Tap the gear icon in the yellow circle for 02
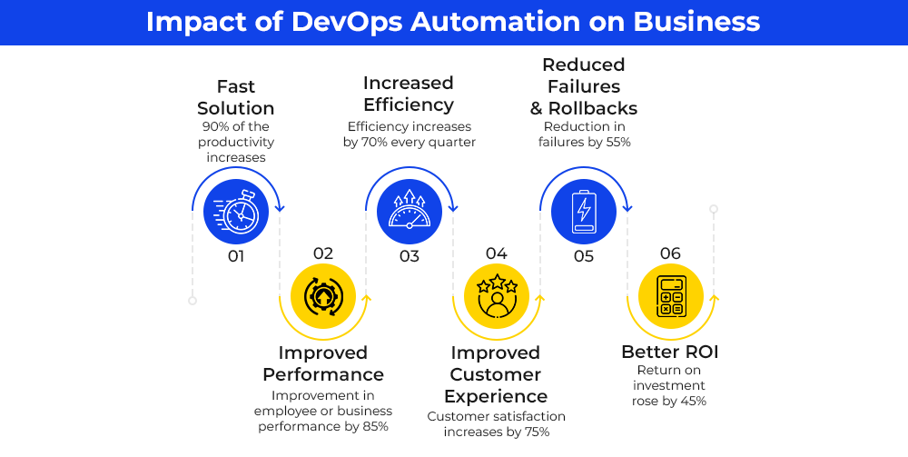point(322,296)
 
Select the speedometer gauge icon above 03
point(410,210)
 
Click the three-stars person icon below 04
point(497,296)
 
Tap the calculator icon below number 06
point(671,296)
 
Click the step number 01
point(236,256)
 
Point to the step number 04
point(497,253)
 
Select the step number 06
point(670,253)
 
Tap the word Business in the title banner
point(696,22)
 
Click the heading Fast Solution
point(236,97)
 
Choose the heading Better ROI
point(670,352)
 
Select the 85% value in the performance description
point(376,427)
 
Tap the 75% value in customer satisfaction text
point(538,432)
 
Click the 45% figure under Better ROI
point(694,401)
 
